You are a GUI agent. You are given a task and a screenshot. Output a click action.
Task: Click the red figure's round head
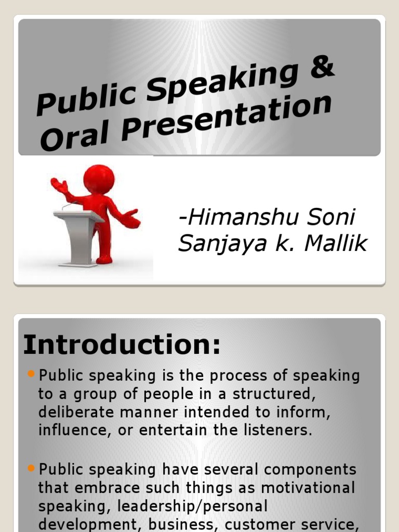99,179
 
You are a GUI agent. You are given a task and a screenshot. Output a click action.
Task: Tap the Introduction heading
122,345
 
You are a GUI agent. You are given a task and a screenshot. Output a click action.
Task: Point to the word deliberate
75,412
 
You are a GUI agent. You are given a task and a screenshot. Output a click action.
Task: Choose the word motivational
308,488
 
